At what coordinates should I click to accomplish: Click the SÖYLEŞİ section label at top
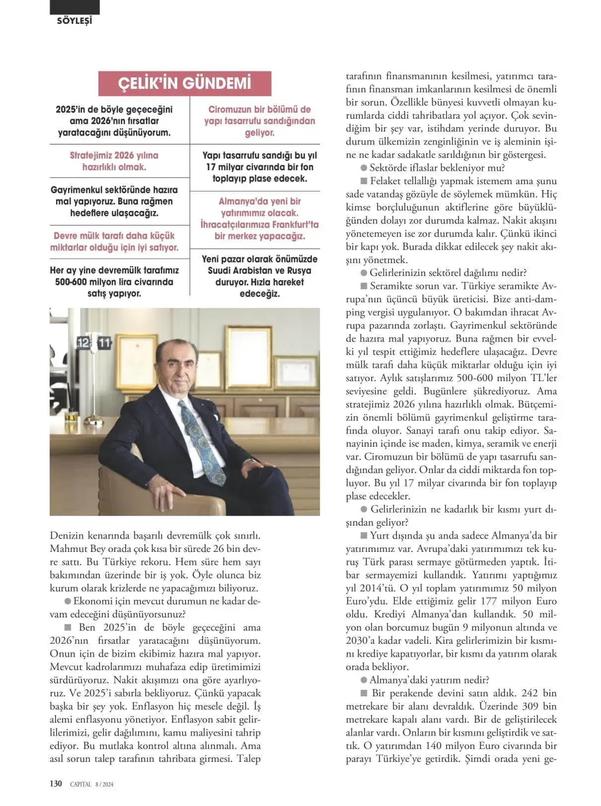75,21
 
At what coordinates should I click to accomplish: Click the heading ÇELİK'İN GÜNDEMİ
184,83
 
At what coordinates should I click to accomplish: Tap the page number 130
56,784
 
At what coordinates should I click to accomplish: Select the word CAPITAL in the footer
80,784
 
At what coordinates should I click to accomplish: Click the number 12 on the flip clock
84,343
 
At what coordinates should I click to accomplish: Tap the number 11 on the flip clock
104,343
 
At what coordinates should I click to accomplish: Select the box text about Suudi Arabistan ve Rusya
259,276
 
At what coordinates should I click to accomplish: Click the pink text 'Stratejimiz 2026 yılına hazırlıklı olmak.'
114,161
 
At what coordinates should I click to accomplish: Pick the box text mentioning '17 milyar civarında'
259,167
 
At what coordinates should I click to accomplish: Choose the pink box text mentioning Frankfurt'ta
259,219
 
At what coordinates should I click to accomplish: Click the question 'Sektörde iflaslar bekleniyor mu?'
437,168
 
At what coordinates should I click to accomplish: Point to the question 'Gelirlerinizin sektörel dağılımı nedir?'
448,272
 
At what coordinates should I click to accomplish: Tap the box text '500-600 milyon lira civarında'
114,282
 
